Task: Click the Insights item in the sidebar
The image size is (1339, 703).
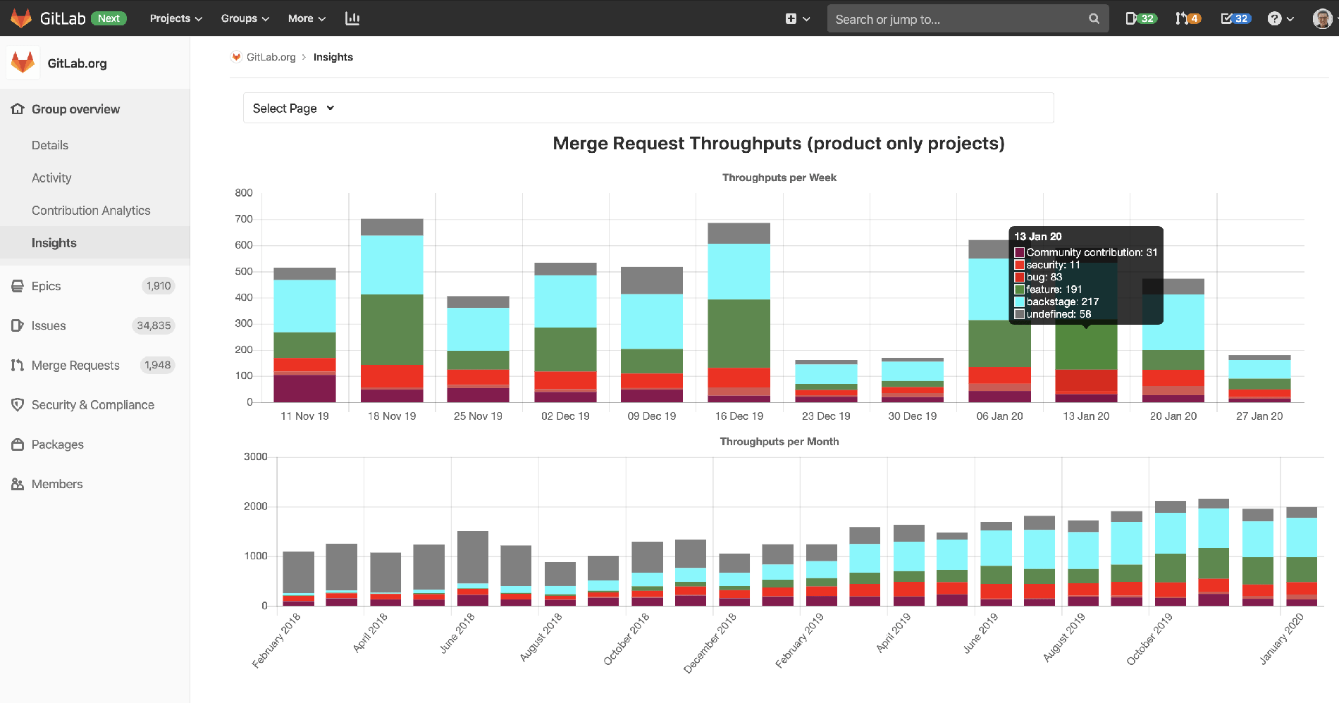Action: point(54,243)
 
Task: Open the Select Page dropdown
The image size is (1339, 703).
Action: point(293,108)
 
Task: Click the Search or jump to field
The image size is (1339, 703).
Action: point(958,19)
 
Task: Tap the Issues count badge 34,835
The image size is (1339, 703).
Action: point(154,325)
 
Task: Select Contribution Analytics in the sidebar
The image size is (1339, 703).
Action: point(91,211)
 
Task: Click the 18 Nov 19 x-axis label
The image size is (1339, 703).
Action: point(392,416)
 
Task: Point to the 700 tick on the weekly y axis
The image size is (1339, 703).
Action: point(244,219)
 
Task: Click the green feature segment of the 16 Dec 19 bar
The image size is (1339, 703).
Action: point(739,332)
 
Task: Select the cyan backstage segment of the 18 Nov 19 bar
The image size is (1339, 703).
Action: point(392,264)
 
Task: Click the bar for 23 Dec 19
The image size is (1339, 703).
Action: point(826,381)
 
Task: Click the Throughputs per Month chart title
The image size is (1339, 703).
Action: point(779,442)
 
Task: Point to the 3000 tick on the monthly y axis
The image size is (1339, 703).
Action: point(255,456)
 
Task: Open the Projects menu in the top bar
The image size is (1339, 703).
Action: point(175,18)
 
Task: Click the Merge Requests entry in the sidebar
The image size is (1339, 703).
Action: point(75,365)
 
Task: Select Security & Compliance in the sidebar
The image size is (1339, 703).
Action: point(92,405)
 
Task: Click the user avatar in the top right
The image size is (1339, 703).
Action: point(1322,18)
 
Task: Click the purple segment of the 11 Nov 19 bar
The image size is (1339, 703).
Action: point(304,388)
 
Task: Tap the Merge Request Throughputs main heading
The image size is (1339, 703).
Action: point(778,144)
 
